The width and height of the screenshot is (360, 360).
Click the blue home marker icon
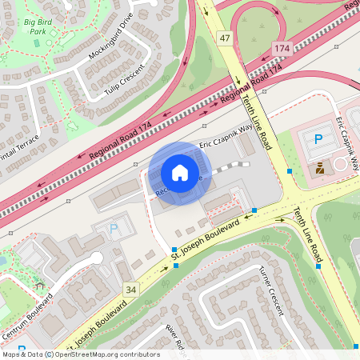[x=180, y=173]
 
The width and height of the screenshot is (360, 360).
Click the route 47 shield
[x=225, y=38]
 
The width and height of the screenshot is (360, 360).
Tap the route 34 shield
[x=131, y=288]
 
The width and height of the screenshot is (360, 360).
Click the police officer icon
[x=322, y=168]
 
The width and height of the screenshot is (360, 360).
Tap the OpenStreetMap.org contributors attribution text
[x=108, y=354]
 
